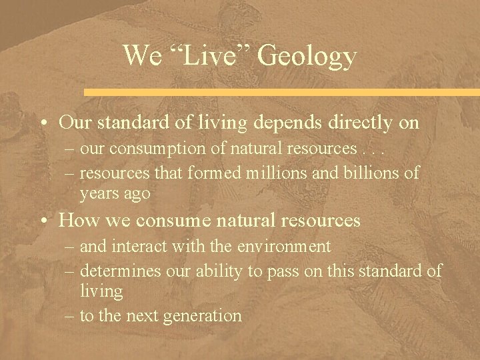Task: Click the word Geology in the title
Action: pyautogui.click(x=307, y=56)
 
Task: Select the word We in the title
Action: pyautogui.click(x=142, y=56)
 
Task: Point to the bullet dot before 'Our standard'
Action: pyautogui.click(x=43, y=124)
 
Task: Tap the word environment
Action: pyautogui.click(x=287, y=247)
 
